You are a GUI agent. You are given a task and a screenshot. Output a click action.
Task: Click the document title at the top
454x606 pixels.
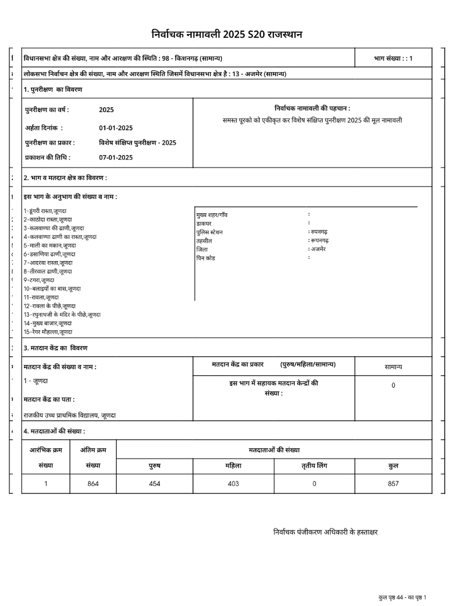(227, 34)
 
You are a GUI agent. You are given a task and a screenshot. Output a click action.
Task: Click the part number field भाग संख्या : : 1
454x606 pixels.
(393, 58)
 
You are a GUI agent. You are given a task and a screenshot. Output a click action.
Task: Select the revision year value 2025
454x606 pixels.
(106, 110)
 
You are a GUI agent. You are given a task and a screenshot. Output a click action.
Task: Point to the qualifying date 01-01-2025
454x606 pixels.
(116, 128)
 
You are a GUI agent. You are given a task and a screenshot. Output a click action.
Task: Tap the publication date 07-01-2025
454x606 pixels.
(116, 158)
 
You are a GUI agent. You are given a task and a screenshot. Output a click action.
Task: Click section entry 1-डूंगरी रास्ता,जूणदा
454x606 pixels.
(45, 211)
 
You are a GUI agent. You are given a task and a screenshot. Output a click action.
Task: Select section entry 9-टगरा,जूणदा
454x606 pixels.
(39, 280)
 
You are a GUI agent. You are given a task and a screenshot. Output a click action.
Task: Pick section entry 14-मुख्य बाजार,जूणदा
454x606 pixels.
(48, 323)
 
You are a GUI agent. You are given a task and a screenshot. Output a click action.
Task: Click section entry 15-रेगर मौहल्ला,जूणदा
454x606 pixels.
(48, 332)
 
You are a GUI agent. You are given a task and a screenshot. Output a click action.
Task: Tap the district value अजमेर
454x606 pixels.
(318, 249)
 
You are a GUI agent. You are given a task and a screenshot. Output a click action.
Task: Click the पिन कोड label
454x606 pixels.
(205, 258)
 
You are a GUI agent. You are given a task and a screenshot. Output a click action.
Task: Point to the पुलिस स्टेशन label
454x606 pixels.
(209, 232)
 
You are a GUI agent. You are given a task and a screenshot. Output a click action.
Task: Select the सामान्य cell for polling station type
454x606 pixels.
(393, 367)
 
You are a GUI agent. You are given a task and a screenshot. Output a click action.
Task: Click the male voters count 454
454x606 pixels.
(154, 484)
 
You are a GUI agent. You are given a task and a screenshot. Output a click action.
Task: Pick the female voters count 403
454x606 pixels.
(233, 484)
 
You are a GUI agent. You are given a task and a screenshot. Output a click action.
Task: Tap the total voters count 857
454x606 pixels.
(393, 484)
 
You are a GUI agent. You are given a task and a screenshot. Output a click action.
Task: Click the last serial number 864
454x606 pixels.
(93, 484)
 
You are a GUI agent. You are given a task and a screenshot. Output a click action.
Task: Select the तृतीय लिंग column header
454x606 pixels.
(314, 466)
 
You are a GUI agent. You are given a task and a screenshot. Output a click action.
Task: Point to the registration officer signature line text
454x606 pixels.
(325, 532)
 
